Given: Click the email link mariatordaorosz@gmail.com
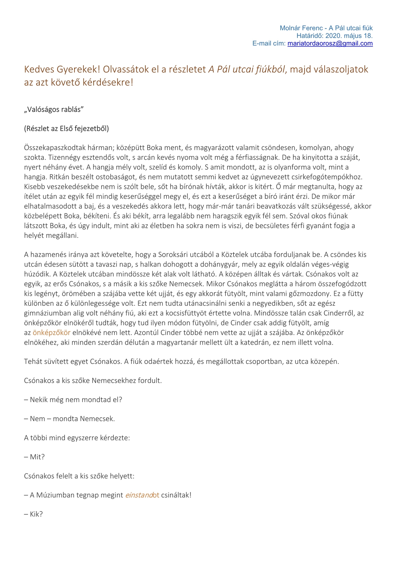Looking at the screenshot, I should point(330,43).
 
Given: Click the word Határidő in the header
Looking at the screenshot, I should point(307,36).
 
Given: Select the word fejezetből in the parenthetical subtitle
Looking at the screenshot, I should point(92,128).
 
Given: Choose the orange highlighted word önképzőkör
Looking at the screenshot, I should point(51,333).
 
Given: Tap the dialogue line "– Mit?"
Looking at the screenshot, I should point(34,457).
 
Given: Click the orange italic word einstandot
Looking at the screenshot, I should point(142,495).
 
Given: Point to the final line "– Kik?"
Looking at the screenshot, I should point(33,514).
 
